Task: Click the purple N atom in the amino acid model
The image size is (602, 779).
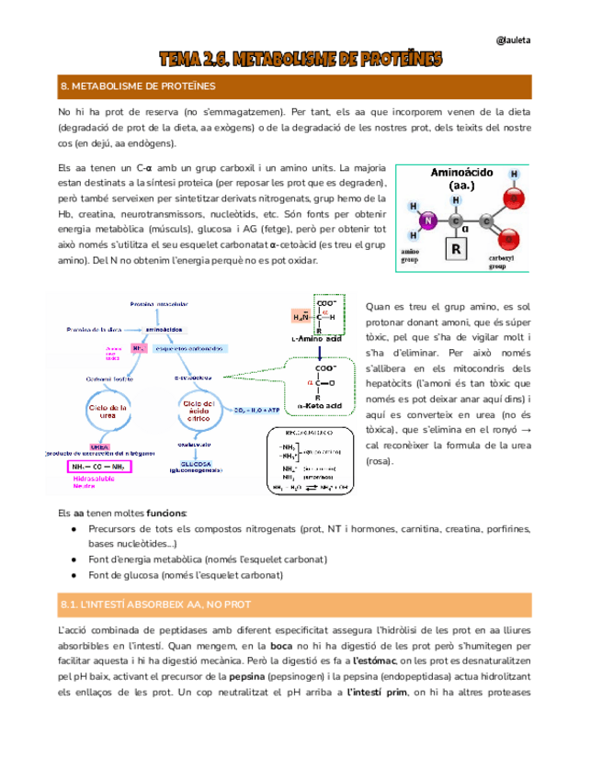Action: coord(425,220)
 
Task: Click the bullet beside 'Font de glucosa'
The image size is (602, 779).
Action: coord(74,575)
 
